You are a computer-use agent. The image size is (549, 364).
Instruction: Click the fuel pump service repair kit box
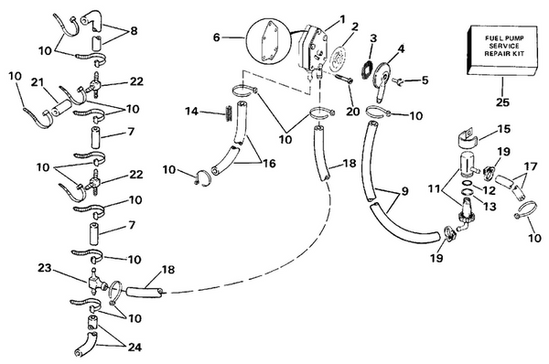[502, 50]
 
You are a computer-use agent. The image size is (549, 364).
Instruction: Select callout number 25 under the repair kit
[502, 102]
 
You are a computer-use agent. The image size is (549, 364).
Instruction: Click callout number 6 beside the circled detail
[217, 37]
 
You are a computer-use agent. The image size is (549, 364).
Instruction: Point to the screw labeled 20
[344, 78]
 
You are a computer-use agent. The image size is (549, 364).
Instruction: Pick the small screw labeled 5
[398, 81]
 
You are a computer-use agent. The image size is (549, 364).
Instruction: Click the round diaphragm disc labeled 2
[338, 58]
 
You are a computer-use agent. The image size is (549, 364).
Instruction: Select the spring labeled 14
[228, 113]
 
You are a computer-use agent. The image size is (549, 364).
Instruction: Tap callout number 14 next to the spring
[192, 112]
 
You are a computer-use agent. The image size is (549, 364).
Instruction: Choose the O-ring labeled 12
[467, 183]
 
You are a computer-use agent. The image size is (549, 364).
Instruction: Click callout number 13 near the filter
[490, 207]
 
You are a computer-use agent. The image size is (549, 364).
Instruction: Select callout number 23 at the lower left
[45, 268]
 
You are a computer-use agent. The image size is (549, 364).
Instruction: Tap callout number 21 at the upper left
[37, 82]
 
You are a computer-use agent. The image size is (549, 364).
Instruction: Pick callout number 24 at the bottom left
[135, 348]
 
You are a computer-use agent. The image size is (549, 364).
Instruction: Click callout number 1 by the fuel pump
[342, 19]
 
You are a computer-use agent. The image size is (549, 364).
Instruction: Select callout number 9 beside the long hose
[404, 191]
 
